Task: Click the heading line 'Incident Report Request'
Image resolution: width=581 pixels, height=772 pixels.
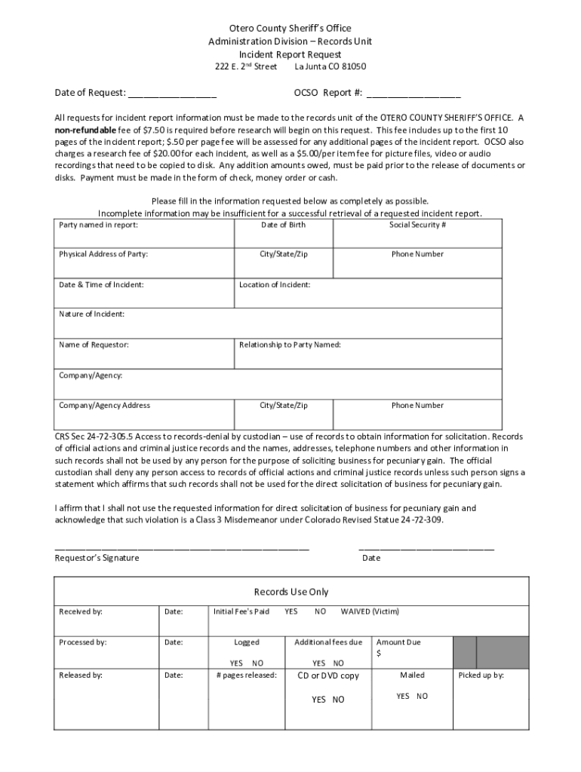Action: [290, 55]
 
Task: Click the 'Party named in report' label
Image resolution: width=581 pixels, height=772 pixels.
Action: [99, 225]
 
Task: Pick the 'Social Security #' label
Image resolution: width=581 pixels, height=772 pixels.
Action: [417, 225]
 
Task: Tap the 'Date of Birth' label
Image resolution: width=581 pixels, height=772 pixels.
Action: [284, 225]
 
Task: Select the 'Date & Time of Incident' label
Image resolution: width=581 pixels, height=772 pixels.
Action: [101, 285]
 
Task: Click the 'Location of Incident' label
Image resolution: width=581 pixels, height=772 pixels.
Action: [275, 285]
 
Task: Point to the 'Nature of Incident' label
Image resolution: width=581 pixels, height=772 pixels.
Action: [92, 314]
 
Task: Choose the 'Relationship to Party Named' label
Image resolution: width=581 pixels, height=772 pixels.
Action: [290, 345]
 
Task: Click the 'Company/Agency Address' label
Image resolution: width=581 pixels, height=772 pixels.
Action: [105, 406]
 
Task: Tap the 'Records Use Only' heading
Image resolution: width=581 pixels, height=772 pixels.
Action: [291, 592]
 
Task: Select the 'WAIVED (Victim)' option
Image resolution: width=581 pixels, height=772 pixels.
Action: [370, 611]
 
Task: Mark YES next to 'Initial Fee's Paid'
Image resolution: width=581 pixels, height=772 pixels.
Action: [290, 611]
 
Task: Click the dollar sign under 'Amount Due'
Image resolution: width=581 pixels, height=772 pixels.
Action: [379, 654]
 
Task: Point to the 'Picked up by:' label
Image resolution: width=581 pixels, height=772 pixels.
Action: [481, 675]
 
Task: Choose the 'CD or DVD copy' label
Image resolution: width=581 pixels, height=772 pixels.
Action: [328, 675]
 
